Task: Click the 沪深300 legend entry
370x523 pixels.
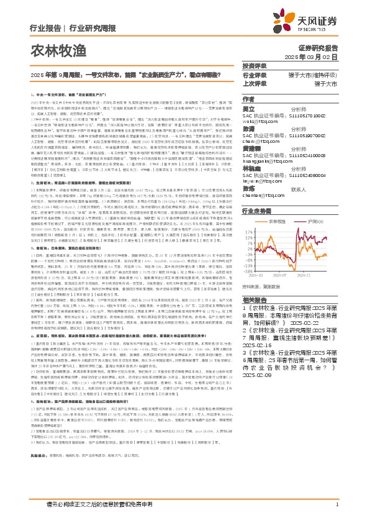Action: [x=320, y=221]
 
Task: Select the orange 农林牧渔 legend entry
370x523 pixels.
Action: [x=280, y=221]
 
